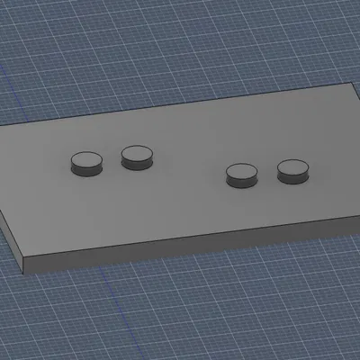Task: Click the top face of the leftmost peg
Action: point(86,160)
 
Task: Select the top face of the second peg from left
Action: point(137,153)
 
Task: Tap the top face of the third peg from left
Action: point(241,171)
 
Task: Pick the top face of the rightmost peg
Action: point(293,166)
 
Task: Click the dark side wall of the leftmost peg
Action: point(86,171)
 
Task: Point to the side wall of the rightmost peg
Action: point(293,177)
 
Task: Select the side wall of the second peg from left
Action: point(137,164)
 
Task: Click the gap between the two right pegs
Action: point(267,173)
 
